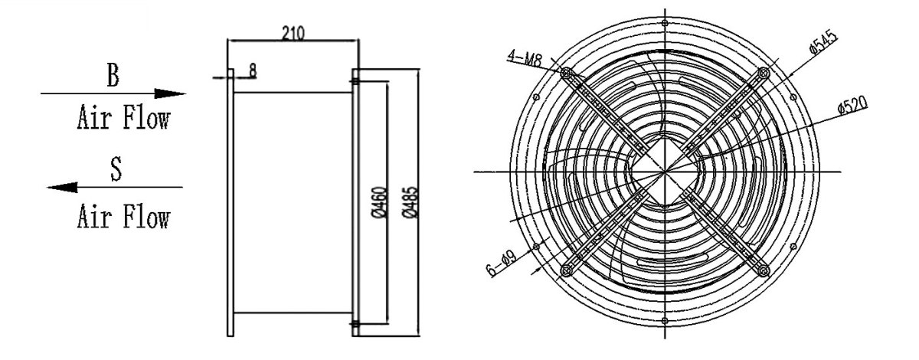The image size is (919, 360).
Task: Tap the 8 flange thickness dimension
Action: [253, 70]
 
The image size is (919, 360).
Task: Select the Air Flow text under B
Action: [122, 119]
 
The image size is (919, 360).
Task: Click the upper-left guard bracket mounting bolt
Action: [567, 74]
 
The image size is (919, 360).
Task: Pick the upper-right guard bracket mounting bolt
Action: [763, 73]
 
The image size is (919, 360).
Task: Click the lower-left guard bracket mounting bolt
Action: [567, 270]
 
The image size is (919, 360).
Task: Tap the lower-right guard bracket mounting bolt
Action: [764, 270]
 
